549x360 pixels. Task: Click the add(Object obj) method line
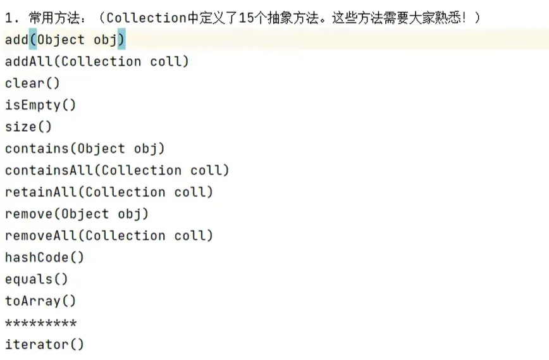click(65, 40)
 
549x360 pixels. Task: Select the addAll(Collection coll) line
click(97, 61)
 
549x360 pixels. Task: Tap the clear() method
click(32, 84)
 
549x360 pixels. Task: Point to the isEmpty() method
click(40, 105)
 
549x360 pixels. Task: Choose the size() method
click(28, 127)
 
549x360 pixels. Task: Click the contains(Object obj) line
click(85, 149)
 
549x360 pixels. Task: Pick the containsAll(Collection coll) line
click(117, 170)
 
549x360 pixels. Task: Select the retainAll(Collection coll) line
click(109, 192)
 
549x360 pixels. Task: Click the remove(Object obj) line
click(77, 214)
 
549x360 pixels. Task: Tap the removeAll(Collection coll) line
click(109, 235)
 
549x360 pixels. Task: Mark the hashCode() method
click(44, 258)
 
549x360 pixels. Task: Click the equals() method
click(36, 279)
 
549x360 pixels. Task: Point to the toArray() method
click(40, 301)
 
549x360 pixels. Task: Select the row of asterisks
click(40, 323)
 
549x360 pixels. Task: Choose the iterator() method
click(44, 345)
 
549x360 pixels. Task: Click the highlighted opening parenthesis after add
click(33, 40)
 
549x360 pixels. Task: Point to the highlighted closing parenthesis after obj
click(121, 40)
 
